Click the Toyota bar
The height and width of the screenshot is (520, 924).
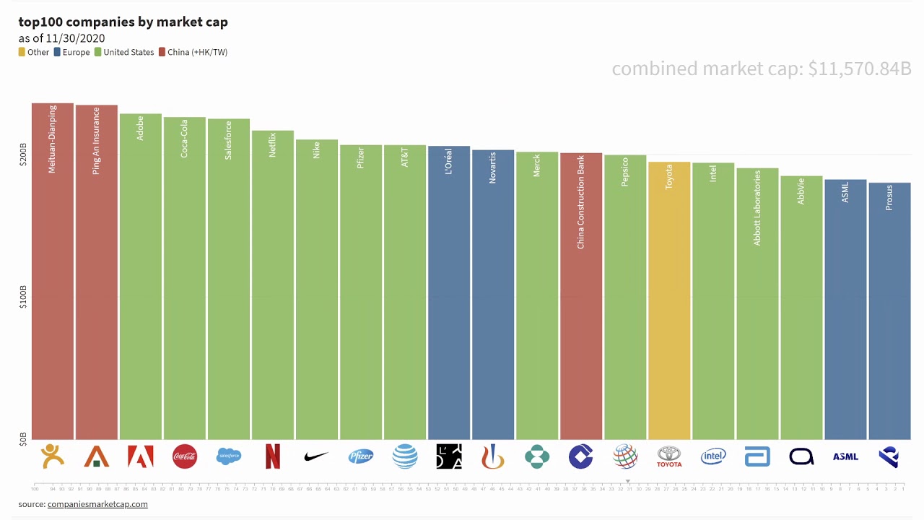click(x=669, y=303)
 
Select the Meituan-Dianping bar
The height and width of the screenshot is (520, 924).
click(x=53, y=289)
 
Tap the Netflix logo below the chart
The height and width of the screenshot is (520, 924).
click(x=273, y=456)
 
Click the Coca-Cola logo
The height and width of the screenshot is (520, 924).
click(x=185, y=456)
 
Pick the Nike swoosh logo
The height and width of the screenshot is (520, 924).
click(x=316, y=456)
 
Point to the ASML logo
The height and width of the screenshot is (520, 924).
click(x=845, y=456)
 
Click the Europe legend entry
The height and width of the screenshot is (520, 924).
click(x=71, y=52)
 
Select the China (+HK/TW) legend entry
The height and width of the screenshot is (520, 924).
click(x=193, y=52)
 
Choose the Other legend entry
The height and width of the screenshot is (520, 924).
click(x=34, y=52)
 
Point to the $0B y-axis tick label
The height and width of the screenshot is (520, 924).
click(x=23, y=439)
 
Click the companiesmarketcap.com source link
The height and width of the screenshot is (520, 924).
click(x=97, y=504)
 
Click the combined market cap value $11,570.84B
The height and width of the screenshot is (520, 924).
click(x=859, y=69)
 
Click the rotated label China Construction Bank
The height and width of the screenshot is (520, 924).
click(x=581, y=202)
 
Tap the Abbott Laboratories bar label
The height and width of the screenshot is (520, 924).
click(x=757, y=208)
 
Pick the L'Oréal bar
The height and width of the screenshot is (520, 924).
click(x=449, y=303)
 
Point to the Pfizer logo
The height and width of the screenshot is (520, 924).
click(x=361, y=456)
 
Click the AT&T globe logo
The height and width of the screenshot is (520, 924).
click(x=405, y=456)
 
